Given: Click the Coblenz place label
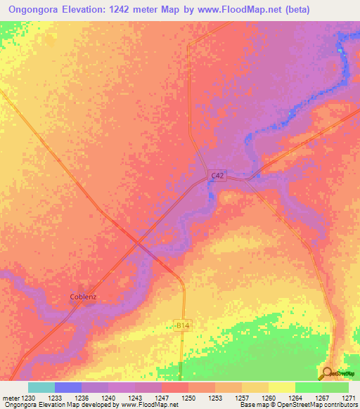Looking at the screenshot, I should point(82,297).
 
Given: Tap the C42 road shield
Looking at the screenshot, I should point(218,176).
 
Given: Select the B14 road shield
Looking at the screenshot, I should point(182,325).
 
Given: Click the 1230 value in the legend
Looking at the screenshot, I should point(28,397).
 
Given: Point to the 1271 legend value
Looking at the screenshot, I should point(349,397).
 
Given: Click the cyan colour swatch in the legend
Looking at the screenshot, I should point(41,387).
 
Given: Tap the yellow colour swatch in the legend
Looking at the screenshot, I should point(282,387).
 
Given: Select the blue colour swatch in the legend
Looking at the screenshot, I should point(68,387).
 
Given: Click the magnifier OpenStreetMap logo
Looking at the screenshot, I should point(328,373).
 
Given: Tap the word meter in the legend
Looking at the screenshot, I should point(11,397).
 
